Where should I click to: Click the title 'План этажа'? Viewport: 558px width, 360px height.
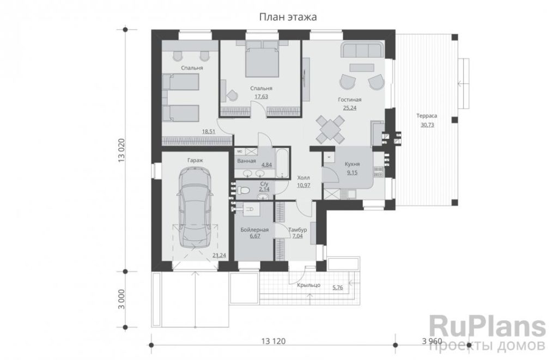(288, 17)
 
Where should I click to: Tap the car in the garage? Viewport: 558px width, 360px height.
(195, 208)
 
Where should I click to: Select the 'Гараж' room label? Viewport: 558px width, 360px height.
(195, 161)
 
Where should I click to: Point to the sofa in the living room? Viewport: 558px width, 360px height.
(362, 49)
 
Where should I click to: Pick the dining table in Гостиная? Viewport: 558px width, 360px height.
(330, 130)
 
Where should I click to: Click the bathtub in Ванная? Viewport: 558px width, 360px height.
(282, 163)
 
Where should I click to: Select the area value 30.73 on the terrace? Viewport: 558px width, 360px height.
(427, 125)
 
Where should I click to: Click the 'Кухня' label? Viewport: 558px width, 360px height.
(352, 164)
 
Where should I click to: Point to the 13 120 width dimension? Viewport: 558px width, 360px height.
(274, 341)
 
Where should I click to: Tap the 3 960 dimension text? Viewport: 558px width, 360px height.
(432, 341)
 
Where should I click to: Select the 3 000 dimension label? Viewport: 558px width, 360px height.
(122, 299)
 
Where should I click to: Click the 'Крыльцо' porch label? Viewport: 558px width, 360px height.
(309, 285)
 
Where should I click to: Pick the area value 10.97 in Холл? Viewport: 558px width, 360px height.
(304, 185)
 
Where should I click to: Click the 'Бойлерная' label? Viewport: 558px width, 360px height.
(254, 230)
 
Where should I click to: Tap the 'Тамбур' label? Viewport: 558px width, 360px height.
(297, 230)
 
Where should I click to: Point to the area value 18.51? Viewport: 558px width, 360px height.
(209, 131)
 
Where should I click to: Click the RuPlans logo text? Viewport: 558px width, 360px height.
(487, 327)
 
